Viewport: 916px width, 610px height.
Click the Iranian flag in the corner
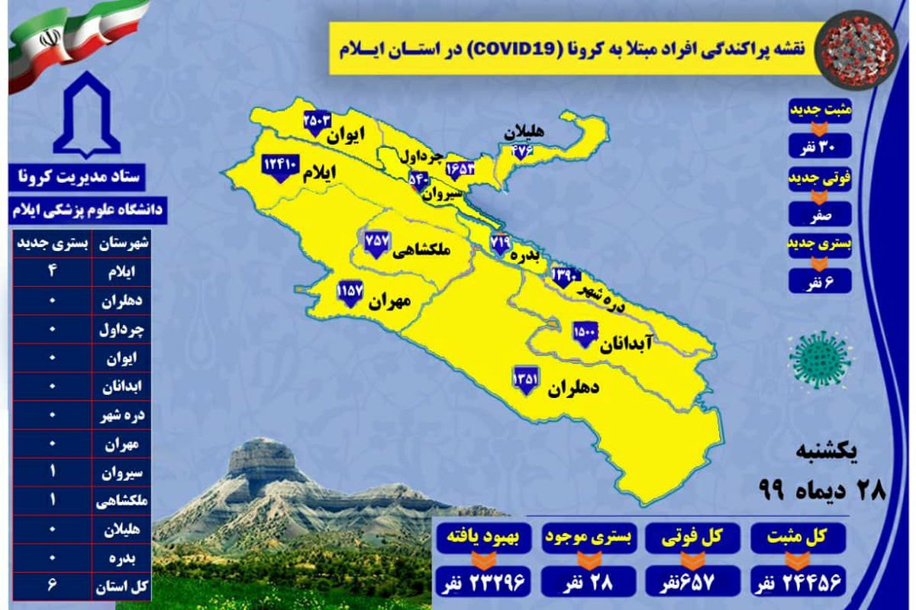pyautogui.click(x=76, y=42)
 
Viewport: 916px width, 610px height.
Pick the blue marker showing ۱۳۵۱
pyautogui.click(x=527, y=379)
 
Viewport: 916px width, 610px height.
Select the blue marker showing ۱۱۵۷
pyautogui.click(x=350, y=293)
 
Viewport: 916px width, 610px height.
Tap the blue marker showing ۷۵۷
pyautogui.click(x=377, y=243)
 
